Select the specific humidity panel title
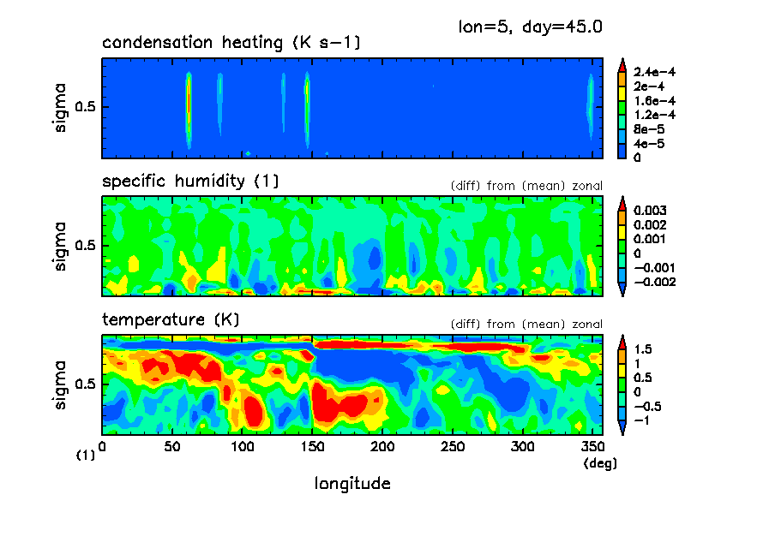click(x=190, y=182)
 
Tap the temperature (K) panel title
click(x=171, y=320)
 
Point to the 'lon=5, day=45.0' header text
click(x=532, y=27)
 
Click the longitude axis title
click(x=352, y=484)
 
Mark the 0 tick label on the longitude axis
click(x=103, y=446)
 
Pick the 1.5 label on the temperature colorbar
click(x=643, y=349)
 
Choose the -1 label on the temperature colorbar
click(x=642, y=420)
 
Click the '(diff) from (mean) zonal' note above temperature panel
click(x=526, y=325)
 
